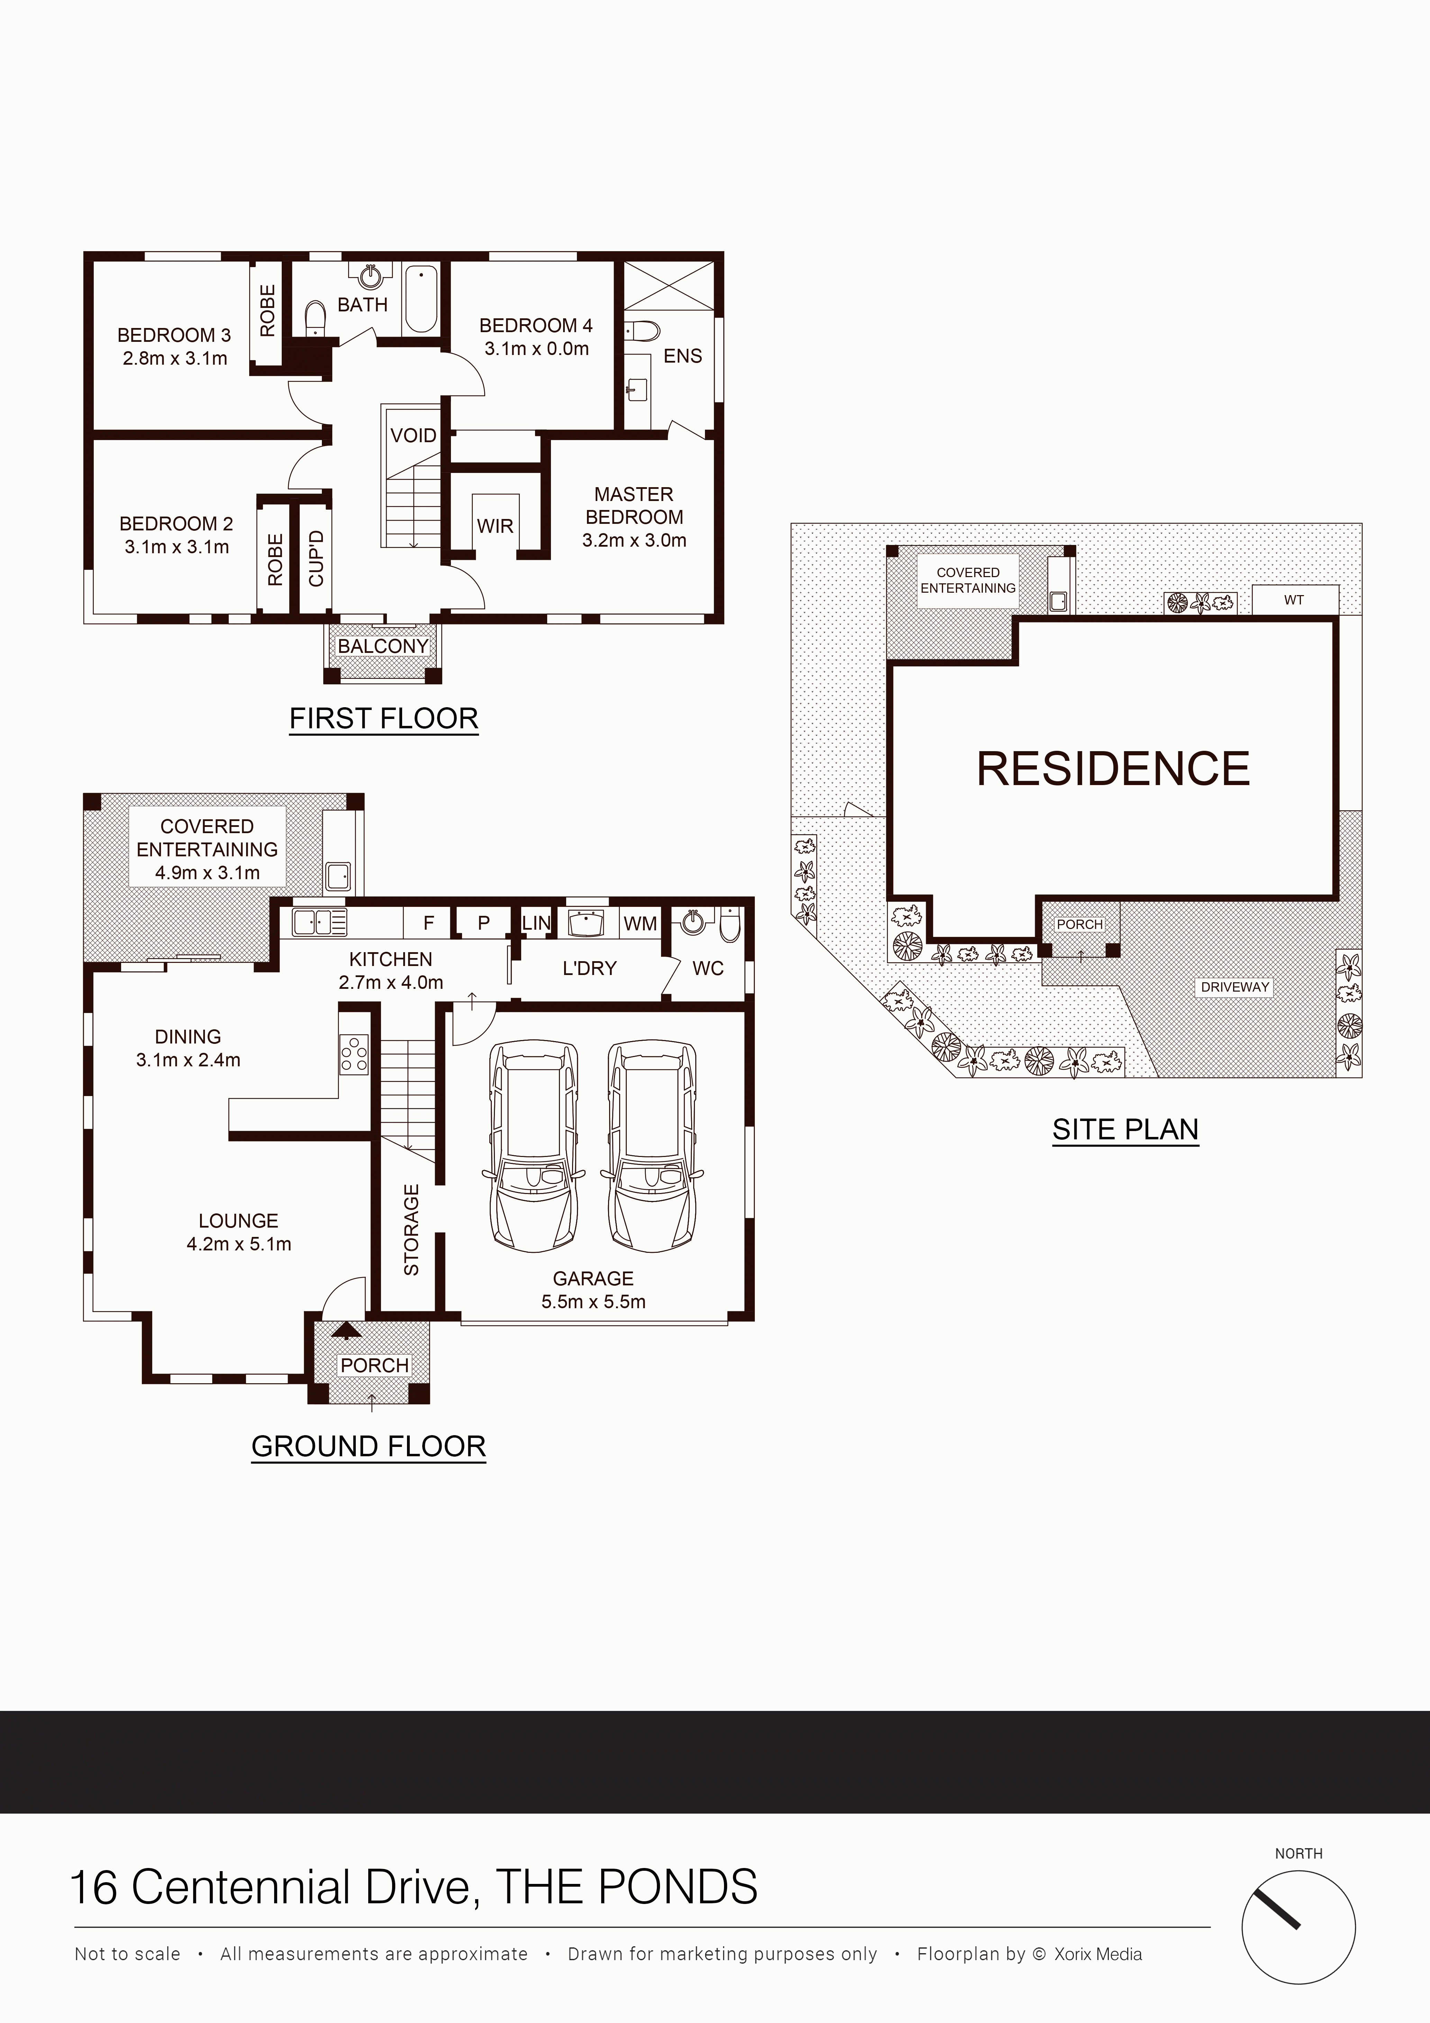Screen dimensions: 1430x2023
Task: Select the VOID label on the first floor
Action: point(413,435)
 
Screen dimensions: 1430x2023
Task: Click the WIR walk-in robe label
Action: point(495,526)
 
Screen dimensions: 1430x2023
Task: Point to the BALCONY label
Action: point(382,646)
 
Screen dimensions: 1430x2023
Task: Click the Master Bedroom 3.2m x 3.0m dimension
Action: point(634,540)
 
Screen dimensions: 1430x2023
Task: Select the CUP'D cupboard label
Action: point(315,559)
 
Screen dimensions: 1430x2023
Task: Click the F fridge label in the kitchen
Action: point(429,923)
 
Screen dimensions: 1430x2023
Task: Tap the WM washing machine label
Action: point(641,923)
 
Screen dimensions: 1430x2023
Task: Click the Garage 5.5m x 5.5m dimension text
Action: point(594,1301)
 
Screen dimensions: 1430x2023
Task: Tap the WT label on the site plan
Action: point(1293,600)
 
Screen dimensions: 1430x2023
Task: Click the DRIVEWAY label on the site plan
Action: point(1234,987)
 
